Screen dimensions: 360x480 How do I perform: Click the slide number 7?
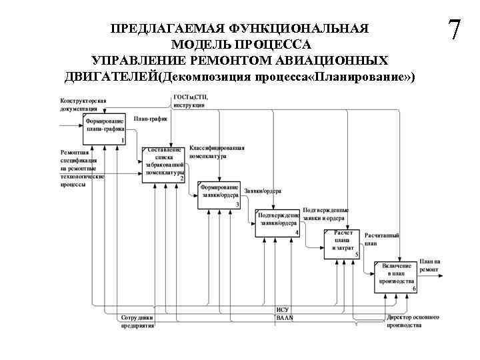[455, 31]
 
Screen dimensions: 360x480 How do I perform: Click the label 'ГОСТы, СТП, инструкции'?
[189, 101]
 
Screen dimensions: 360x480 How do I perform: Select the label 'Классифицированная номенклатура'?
[217, 152]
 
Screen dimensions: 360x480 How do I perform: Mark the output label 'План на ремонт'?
[430, 265]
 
